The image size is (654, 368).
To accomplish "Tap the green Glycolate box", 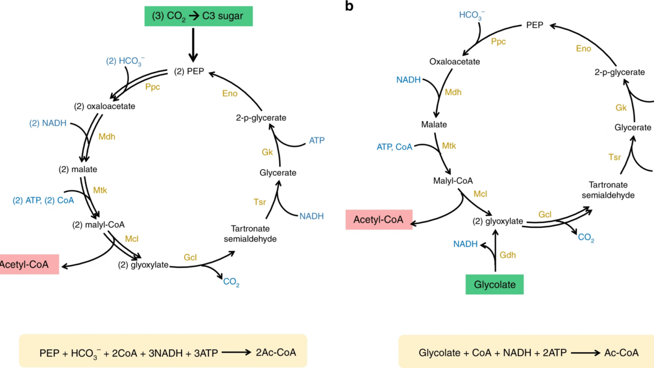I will [494, 285].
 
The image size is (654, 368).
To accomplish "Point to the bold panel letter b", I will [349, 6].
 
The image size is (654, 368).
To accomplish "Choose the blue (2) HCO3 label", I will [125, 61].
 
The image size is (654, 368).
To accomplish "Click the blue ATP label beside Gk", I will [317, 140].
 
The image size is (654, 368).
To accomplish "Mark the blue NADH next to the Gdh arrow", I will [465, 244].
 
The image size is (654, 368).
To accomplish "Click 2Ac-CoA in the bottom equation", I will [275, 353].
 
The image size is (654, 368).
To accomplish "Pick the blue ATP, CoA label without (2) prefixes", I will [395, 147].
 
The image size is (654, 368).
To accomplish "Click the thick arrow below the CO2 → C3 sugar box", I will [193, 45].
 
